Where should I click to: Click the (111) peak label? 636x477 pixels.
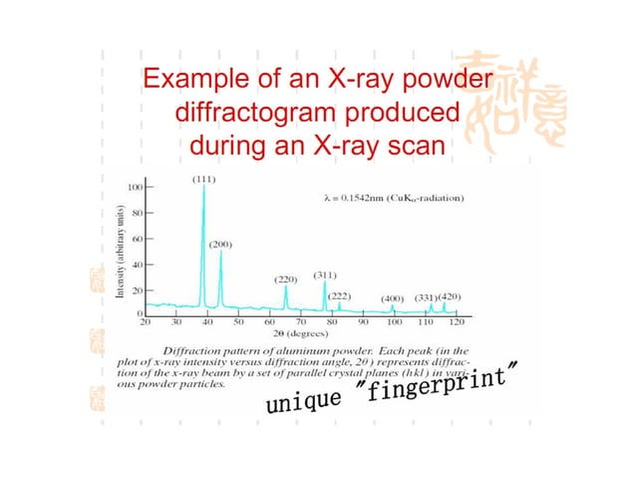[204, 179]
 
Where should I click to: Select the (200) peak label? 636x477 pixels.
[221, 244]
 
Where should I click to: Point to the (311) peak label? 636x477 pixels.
[325, 273]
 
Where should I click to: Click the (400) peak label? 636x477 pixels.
[394, 297]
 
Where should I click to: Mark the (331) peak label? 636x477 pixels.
[427, 297]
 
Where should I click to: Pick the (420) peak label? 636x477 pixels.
[451, 297]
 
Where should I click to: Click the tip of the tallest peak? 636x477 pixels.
[204, 188]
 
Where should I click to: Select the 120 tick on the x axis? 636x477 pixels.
[457, 323]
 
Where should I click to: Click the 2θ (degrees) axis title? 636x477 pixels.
[300, 334]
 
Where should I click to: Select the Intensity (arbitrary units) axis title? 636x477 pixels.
[119, 251]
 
